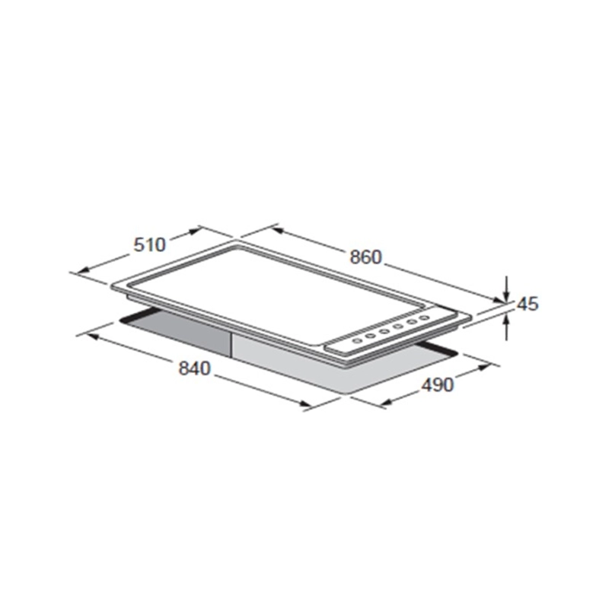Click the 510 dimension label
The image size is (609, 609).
(149, 245)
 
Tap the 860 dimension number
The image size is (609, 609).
(366, 257)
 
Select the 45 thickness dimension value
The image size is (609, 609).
(528, 304)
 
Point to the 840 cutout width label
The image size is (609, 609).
(194, 368)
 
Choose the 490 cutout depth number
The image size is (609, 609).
(437, 385)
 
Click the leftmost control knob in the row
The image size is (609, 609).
(356, 340)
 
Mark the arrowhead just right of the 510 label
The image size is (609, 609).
(193, 231)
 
